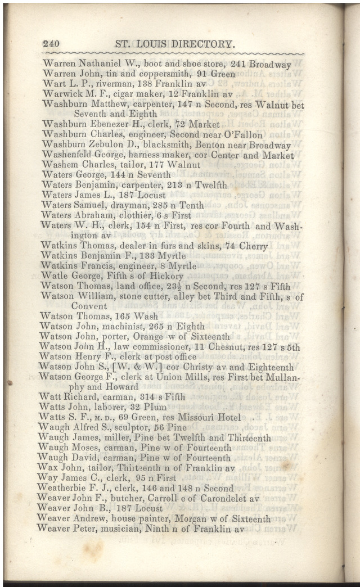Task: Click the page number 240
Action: (x=51, y=44)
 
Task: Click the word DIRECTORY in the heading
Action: (x=197, y=44)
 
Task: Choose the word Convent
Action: (x=89, y=306)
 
